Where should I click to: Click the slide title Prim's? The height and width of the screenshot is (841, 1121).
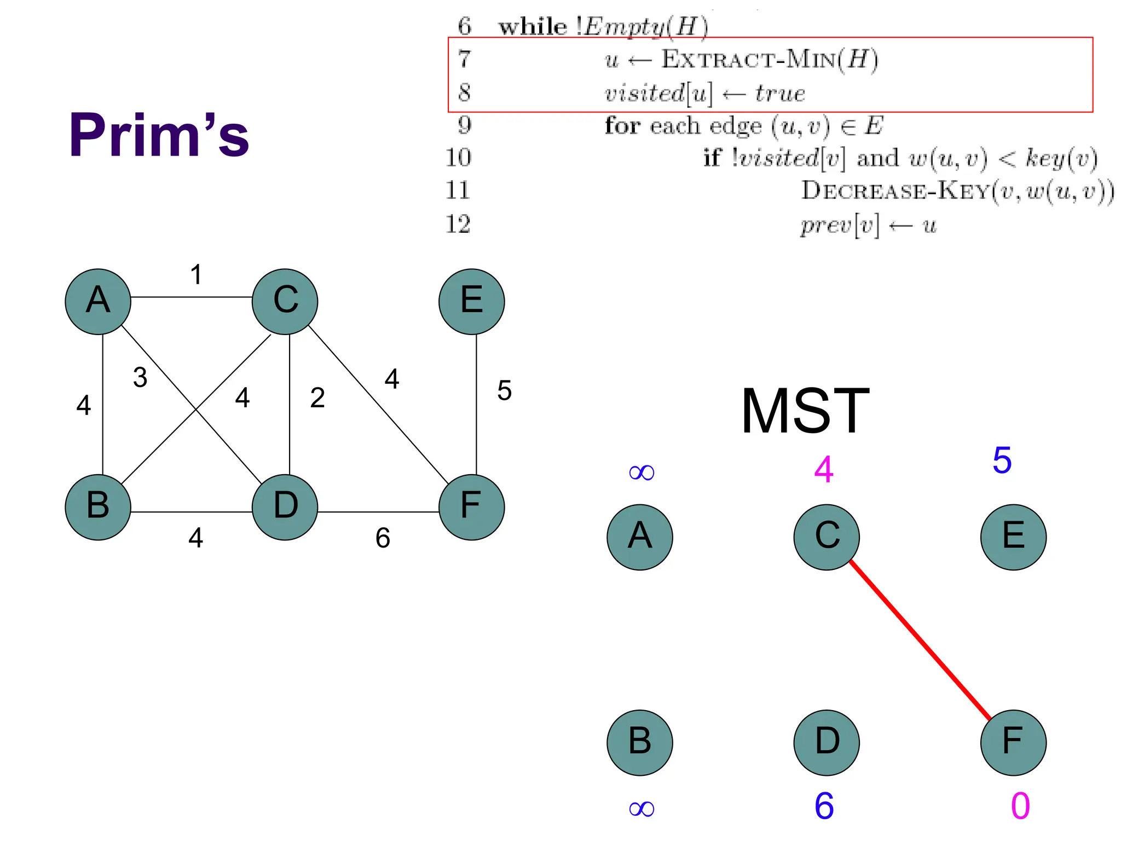tap(159, 135)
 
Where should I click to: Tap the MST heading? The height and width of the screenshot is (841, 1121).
tap(805, 411)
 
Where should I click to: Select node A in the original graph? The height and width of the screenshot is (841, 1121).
tap(98, 302)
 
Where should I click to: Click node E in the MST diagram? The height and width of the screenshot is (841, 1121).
tap(1013, 537)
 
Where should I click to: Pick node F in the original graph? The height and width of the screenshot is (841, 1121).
tap(471, 507)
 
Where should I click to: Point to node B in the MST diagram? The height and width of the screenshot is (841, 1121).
tap(640, 742)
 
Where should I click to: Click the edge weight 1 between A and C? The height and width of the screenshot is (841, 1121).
tap(196, 274)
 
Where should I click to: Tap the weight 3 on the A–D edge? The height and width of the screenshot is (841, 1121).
tap(140, 377)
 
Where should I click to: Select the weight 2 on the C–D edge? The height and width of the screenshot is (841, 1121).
tap(317, 398)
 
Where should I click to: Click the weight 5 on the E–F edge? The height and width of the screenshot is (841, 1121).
tap(504, 391)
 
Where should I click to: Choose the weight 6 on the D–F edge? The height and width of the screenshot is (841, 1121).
tap(383, 538)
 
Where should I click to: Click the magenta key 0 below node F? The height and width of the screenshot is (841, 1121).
tap(1020, 805)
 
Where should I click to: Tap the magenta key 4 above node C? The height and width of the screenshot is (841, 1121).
tap(824, 470)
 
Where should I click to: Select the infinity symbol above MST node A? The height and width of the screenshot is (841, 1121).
tap(642, 472)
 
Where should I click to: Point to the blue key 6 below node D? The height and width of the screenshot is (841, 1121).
tap(824, 805)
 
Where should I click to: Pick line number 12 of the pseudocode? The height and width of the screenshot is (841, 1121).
tap(458, 224)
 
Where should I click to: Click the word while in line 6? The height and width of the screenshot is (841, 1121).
tap(533, 26)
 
